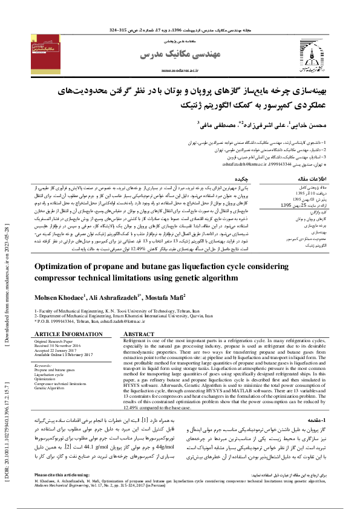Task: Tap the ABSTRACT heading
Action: (x=139, y=334)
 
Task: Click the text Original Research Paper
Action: (x=55, y=341)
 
